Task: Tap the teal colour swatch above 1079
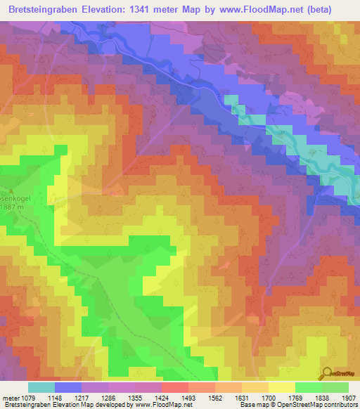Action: point(41,387)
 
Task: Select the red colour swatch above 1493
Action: point(174,387)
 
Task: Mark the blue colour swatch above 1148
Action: point(67,387)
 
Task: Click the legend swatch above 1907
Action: point(335,387)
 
